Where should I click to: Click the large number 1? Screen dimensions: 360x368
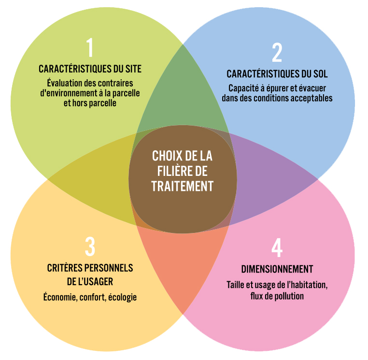[x=90, y=48]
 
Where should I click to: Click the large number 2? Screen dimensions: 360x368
[x=277, y=54]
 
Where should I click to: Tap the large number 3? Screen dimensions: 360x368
[x=90, y=246]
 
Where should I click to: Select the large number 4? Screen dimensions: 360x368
[x=277, y=247]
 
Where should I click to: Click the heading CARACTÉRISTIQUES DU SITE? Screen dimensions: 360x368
[x=90, y=69]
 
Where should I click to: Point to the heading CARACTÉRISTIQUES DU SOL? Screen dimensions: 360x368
[x=277, y=74]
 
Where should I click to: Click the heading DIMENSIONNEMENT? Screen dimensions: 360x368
[x=277, y=269]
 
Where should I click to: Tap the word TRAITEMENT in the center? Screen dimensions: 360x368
[x=182, y=186]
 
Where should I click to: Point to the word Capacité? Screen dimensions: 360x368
[x=243, y=88]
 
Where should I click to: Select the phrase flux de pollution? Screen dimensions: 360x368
[x=277, y=295]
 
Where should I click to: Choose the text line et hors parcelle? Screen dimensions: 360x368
[x=90, y=102]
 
